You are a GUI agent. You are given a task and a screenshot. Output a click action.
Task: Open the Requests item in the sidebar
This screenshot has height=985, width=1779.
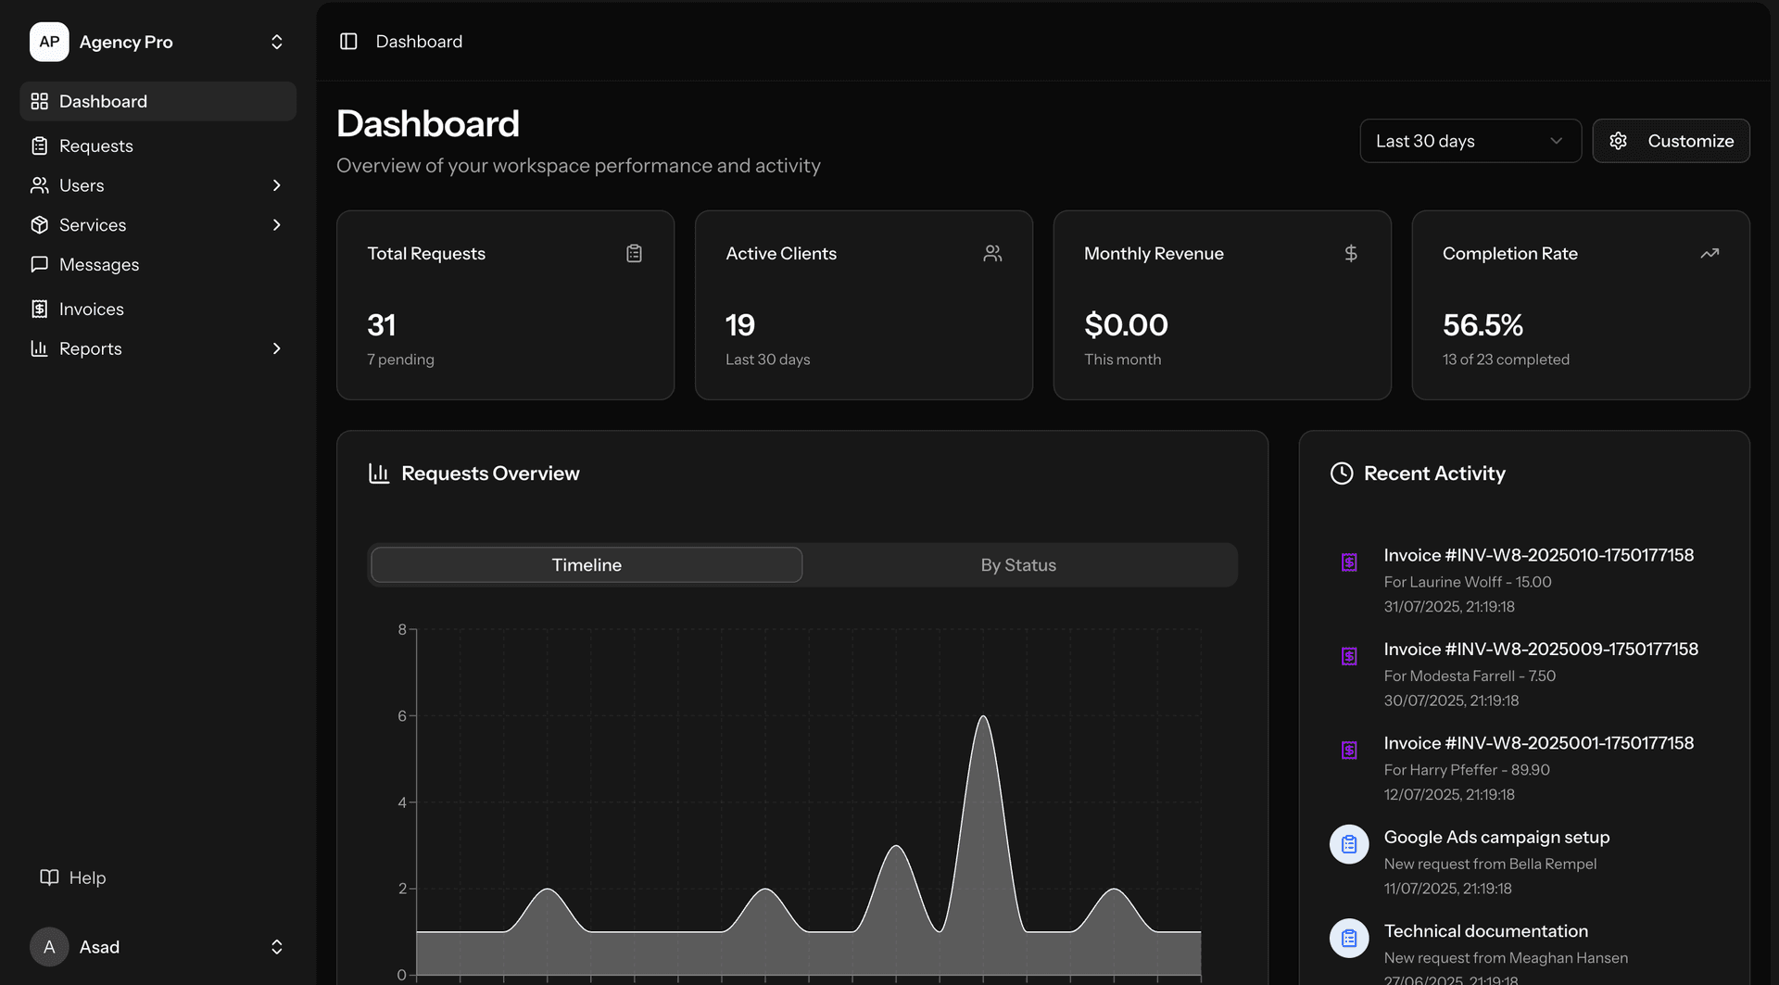(95, 145)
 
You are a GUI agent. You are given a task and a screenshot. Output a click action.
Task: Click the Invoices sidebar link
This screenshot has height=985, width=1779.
(91, 309)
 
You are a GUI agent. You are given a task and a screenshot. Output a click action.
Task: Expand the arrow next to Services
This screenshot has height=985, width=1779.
(276, 225)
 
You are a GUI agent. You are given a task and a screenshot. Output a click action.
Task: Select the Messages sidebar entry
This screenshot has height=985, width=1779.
(98, 264)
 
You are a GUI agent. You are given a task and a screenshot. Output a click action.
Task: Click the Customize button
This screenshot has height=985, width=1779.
(1671, 141)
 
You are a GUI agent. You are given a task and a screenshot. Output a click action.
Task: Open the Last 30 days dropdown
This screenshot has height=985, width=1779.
(1470, 141)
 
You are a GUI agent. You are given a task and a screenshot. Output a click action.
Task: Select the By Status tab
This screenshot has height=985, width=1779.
(1018, 565)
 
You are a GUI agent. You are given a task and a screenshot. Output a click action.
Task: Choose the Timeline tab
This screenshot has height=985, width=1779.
(587, 565)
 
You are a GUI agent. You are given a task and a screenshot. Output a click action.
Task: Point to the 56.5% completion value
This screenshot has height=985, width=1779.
(1482, 325)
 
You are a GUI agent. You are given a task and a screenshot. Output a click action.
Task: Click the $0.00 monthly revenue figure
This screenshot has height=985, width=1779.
(1126, 325)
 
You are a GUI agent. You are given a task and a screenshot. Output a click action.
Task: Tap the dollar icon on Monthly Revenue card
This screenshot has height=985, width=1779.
(1351, 253)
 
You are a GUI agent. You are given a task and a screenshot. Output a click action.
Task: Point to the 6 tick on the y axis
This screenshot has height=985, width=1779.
(402, 715)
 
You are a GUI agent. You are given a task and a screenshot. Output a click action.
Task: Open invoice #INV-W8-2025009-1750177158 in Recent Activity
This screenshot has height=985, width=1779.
(1540, 649)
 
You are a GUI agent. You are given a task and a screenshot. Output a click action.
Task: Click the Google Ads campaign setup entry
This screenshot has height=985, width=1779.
(1496, 837)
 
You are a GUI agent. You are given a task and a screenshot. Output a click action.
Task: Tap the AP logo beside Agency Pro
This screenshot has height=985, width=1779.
(49, 42)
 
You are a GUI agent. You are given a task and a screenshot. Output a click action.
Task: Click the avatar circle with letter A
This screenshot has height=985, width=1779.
(49, 947)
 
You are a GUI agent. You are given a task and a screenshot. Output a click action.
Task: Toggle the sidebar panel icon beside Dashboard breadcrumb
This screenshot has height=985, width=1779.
(348, 42)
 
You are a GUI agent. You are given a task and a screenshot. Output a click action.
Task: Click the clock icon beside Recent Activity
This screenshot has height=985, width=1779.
(1341, 474)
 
